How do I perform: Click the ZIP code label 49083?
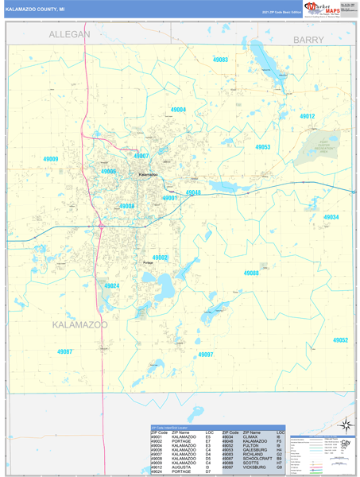[220, 60]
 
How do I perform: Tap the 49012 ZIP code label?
[308, 117]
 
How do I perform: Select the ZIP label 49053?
[262, 147]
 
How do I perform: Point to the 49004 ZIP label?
[178, 110]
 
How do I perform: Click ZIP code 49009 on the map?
[51, 160]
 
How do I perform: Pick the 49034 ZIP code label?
[331, 217]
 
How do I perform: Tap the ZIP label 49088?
[251, 273]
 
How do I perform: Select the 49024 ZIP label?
[111, 285]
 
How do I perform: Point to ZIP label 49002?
[160, 258]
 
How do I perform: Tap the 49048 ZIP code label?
[193, 192]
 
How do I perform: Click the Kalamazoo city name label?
[148, 175]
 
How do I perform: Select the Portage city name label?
[147, 263]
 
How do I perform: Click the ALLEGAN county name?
[70, 35]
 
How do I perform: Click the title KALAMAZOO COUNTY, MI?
[36, 10]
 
